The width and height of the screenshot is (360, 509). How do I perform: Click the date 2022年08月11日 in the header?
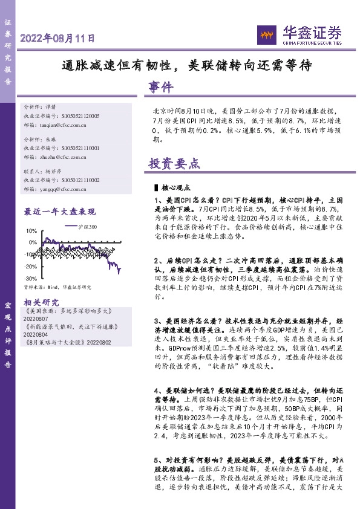click(58, 38)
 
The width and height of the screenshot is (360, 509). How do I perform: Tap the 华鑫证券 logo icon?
click(264, 34)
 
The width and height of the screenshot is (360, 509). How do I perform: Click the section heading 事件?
click(160, 88)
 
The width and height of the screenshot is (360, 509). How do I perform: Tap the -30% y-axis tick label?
click(30, 278)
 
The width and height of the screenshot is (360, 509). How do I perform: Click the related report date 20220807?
click(36, 318)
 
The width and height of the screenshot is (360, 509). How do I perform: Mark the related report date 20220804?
click(36, 334)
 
